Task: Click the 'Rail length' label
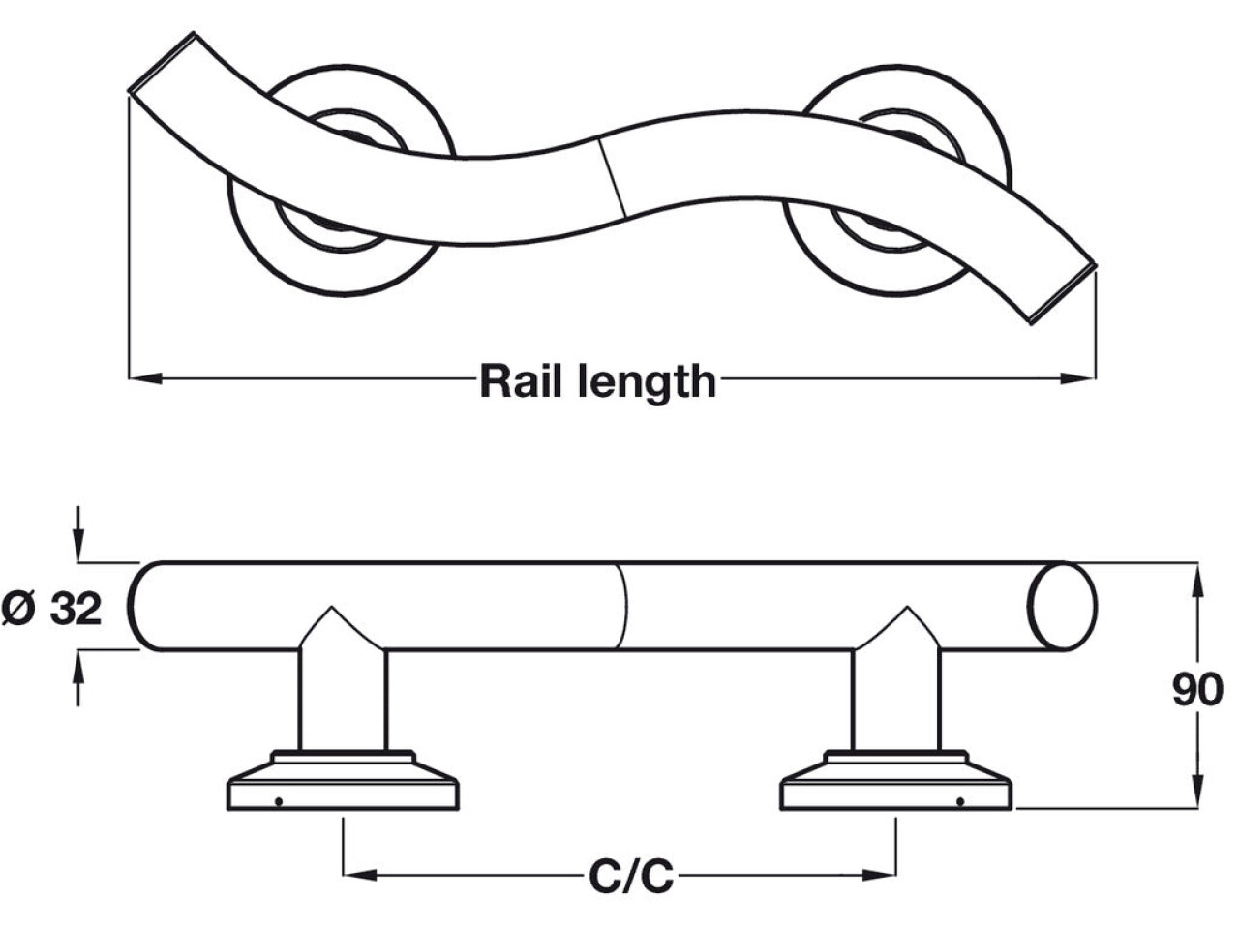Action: pos(597,381)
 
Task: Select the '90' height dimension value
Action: pos(1197,690)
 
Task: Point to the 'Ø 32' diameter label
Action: pos(52,609)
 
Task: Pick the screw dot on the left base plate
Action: pos(279,800)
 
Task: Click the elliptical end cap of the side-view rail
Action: pos(1062,607)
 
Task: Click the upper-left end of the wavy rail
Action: pos(162,64)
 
